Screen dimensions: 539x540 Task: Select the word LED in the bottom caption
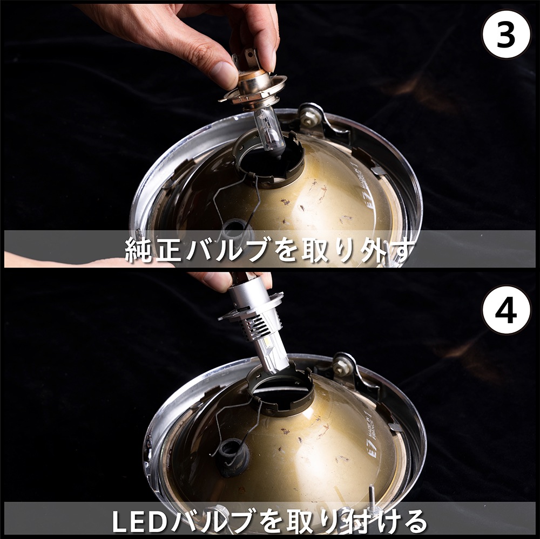(138, 521)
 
